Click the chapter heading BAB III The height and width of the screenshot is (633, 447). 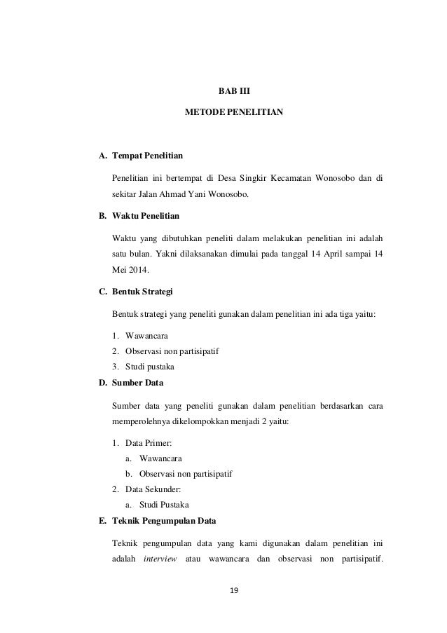[x=224, y=90]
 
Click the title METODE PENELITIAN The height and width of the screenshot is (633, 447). [x=224, y=112]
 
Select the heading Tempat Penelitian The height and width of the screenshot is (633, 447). [x=148, y=154]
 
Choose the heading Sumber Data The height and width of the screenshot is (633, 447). [x=138, y=383]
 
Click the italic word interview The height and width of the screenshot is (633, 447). [x=160, y=559]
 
